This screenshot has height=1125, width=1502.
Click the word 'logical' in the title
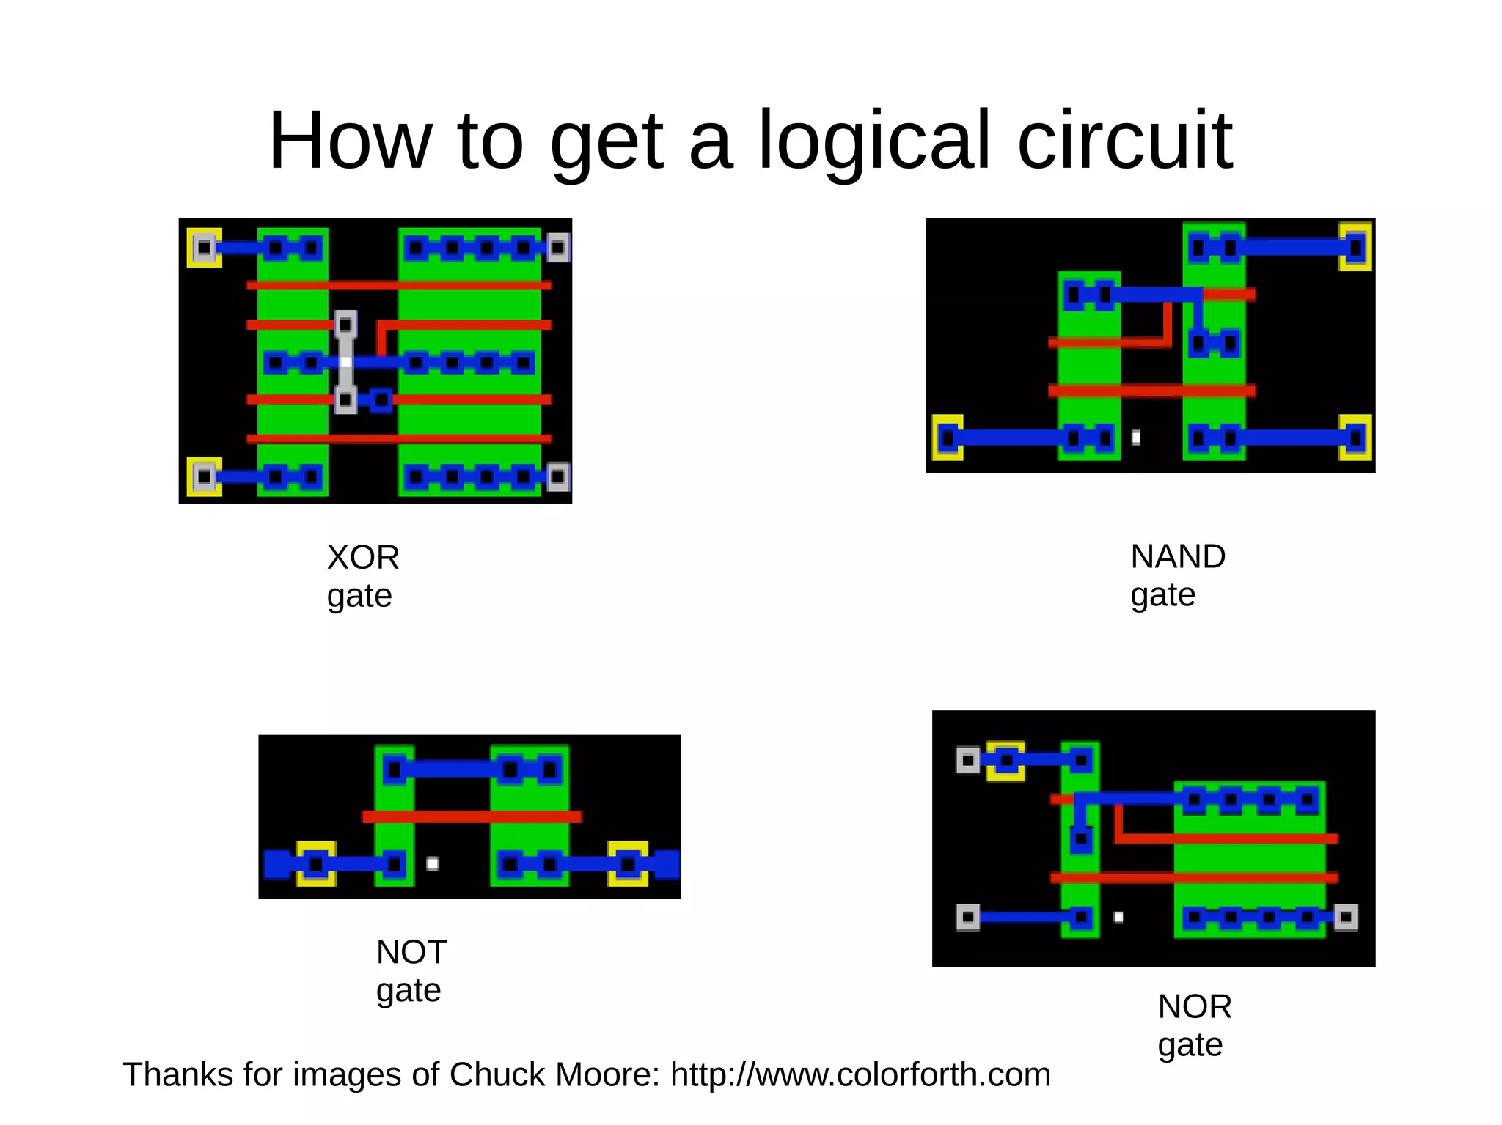(x=874, y=141)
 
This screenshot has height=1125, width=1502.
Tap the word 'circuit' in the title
(x=1124, y=141)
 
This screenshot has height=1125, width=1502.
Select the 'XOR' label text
(x=363, y=558)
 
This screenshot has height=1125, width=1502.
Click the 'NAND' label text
(x=1178, y=557)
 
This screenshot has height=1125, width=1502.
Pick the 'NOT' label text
(x=411, y=953)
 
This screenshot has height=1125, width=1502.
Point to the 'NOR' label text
(x=1195, y=1007)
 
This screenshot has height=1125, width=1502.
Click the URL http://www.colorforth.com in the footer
(x=860, y=1075)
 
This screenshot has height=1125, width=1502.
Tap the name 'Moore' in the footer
(x=608, y=1075)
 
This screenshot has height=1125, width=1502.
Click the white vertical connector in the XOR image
(x=345, y=362)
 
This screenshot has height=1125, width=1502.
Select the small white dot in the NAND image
(x=1135, y=438)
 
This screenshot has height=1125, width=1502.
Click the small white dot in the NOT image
(x=433, y=863)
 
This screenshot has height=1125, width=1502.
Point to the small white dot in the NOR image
(x=1118, y=917)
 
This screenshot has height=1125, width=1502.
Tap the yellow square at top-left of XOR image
(x=204, y=248)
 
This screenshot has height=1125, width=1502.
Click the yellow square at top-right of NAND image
(x=1355, y=248)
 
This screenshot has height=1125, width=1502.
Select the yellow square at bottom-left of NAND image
(x=947, y=438)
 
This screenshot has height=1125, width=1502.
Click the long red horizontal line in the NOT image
(x=472, y=816)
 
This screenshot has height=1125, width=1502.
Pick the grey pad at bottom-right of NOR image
(x=1345, y=917)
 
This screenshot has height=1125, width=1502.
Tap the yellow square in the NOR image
(x=1005, y=761)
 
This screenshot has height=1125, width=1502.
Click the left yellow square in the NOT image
(x=316, y=864)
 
